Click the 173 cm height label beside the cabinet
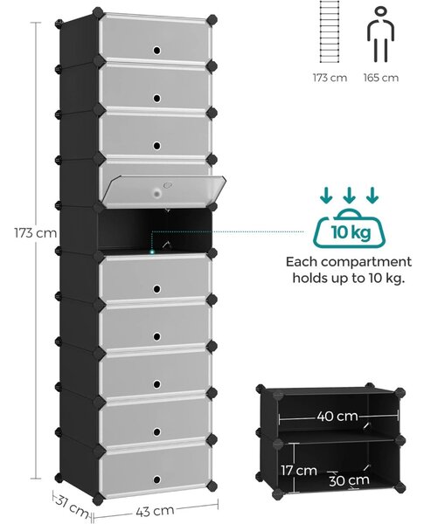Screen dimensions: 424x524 tap(36, 233)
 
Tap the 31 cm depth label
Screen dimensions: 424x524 tap(73, 505)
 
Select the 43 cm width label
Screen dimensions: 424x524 tap(155, 511)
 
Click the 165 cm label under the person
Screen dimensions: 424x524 tap(381, 78)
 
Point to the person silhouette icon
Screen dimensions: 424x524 tap(381, 34)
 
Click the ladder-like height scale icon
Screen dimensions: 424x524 tap(330, 31)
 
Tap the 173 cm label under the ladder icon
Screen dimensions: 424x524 tap(330, 78)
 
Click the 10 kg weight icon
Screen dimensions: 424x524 tap(350, 229)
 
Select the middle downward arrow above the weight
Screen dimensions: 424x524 tap(349, 195)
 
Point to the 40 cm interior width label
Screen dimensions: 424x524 tap(337, 416)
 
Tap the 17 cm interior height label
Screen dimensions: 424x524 tap(299, 471)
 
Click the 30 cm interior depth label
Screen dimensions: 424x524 tap(349, 480)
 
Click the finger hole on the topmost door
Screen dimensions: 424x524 tap(157, 51)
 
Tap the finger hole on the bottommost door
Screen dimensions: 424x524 tap(157, 479)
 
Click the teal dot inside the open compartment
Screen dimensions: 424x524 tap(152, 252)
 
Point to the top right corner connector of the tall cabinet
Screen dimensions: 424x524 tap(212, 19)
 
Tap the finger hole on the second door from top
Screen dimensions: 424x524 tap(157, 98)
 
